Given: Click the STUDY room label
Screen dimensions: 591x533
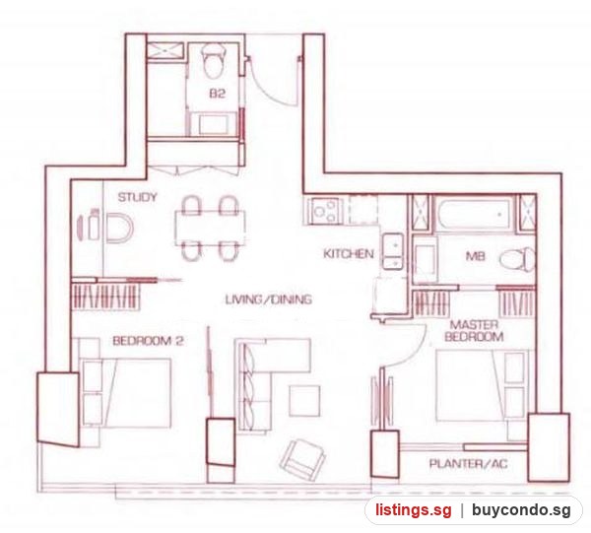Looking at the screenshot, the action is point(137,197).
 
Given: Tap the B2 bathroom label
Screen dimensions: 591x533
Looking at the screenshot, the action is point(217,94).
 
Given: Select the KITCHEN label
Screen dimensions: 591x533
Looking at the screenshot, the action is point(349,253).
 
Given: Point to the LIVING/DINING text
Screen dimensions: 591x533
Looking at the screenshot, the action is point(268,300).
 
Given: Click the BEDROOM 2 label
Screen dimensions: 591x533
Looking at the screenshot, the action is point(148,341).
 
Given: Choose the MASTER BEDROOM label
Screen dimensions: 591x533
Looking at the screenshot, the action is point(474,331).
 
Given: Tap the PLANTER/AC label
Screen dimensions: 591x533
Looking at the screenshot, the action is point(468,464).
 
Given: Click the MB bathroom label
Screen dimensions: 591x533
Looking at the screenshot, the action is point(476,256).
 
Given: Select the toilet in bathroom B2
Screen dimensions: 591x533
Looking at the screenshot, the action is point(214,60).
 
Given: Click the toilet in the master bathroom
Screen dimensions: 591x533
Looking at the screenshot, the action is point(517,259).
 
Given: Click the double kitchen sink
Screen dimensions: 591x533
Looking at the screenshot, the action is point(393,251).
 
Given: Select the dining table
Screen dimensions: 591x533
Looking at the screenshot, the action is point(210,229).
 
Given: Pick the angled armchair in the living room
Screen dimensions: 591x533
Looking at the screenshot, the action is point(302,459).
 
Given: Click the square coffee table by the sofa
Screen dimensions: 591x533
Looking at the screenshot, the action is point(304,401).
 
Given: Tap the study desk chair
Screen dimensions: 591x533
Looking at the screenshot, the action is point(119,229).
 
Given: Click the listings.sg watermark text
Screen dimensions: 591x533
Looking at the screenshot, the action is point(413,510).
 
